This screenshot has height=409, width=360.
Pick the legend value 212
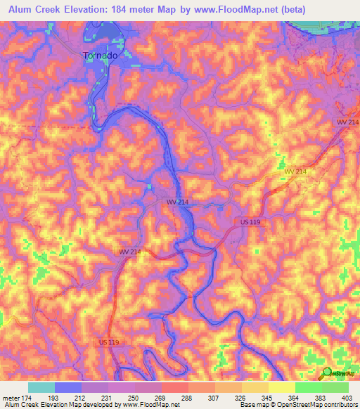coord(82,398)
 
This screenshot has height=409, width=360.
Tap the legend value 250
coord(136,398)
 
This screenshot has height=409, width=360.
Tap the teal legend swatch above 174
coord(41,387)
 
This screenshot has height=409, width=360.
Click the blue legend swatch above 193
coord(68,387)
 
